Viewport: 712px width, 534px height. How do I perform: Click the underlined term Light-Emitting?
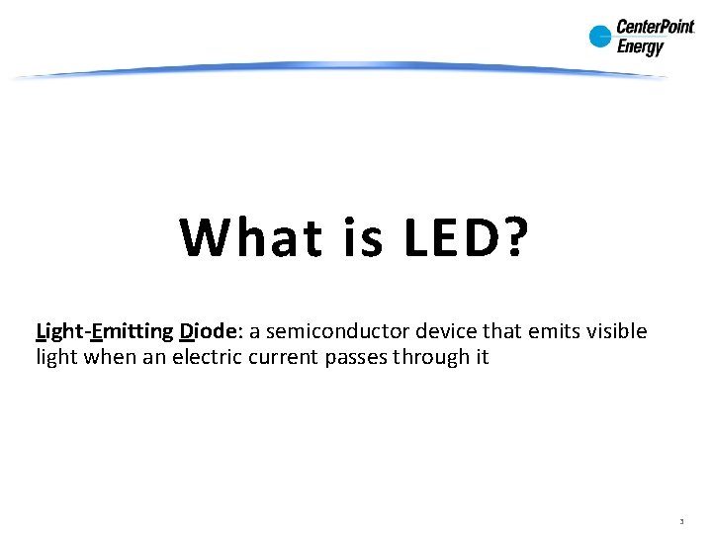click(104, 331)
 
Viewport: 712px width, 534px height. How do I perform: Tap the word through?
click(432, 358)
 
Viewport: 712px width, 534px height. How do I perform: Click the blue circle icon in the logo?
click(600, 37)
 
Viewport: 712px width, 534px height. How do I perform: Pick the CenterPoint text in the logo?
click(656, 28)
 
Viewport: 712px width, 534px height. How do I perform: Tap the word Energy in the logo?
click(641, 46)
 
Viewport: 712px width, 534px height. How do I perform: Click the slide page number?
click(682, 520)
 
